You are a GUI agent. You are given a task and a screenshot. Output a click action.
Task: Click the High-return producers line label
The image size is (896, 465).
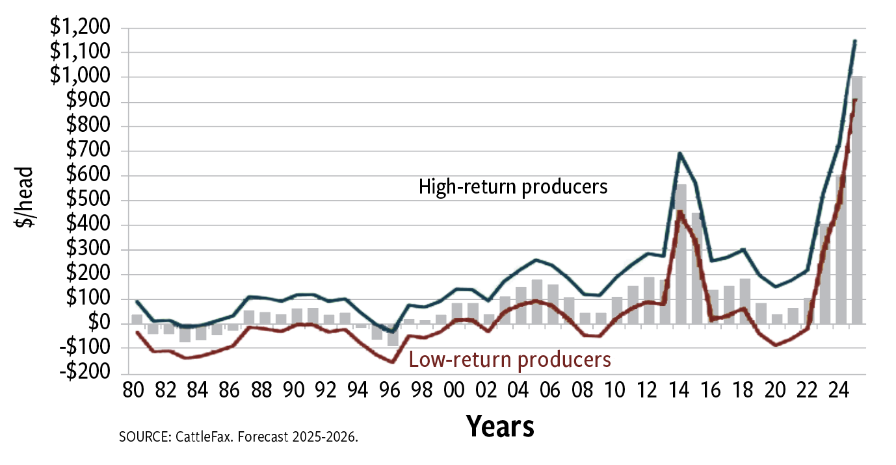coord(513,187)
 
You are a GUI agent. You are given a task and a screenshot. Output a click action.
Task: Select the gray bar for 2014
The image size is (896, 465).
coord(680,253)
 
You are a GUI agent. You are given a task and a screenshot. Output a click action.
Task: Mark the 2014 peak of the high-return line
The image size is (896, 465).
coord(680,153)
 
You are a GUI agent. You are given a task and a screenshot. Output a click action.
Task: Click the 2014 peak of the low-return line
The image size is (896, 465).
coord(680,211)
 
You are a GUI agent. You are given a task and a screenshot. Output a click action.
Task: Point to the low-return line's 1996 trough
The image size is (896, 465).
coord(393,362)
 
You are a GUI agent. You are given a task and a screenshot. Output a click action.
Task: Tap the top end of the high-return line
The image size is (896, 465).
coord(855,40)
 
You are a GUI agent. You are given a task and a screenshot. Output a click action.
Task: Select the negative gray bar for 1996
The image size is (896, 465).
coord(393,334)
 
